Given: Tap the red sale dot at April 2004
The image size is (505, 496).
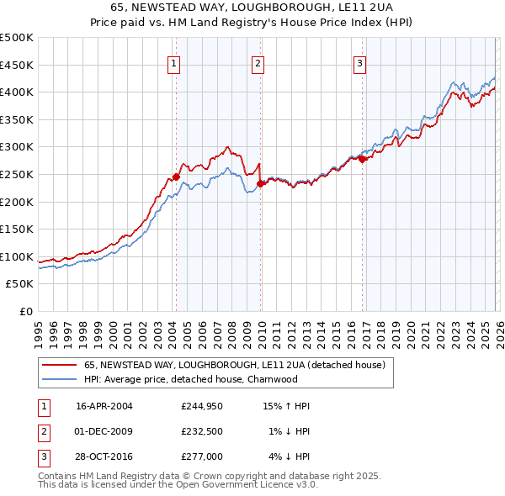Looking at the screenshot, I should click(176, 177).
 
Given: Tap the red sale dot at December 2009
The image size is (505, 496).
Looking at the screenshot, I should click(260, 183).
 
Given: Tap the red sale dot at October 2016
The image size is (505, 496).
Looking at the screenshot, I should click(362, 159).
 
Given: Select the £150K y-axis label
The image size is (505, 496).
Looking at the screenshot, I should click(17, 229).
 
